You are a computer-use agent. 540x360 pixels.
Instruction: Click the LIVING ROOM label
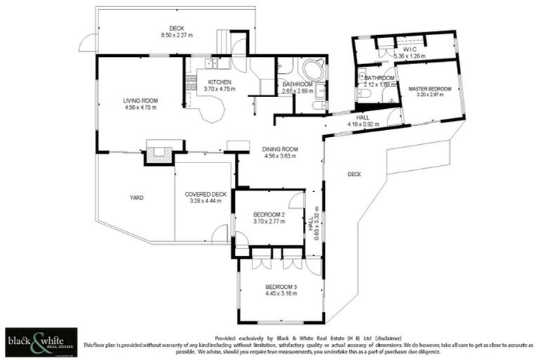(x=140, y=101)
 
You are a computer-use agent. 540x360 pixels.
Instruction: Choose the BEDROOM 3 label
(x=281, y=287)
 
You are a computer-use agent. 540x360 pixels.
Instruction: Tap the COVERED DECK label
(x=205, y=194)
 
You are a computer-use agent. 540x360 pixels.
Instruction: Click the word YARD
(x=136, y=198)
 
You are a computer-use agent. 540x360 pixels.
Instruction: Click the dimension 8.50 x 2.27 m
(x=176, y=34)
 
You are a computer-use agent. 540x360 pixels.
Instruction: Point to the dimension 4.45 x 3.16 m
(x=281, y=294)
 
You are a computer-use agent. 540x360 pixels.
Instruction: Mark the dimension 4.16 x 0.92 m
(x=363, y=124)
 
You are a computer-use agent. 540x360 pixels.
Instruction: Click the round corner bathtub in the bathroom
(x=312, y=70)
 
